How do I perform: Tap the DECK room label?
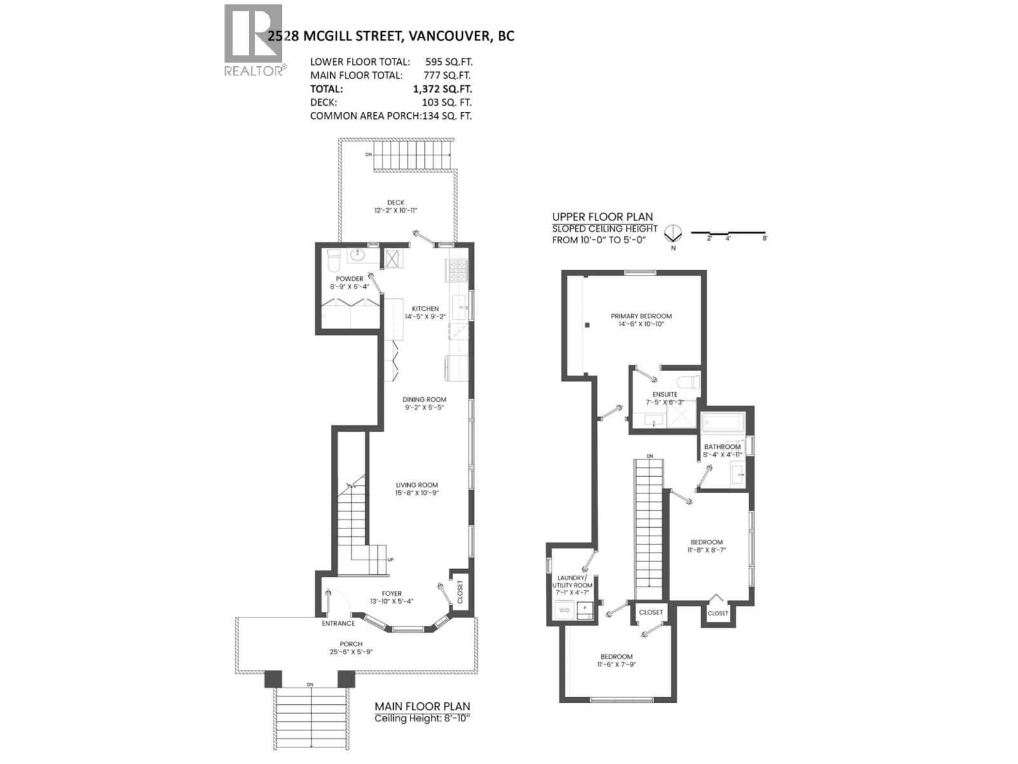point(396,202)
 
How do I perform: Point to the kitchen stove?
point(457,271)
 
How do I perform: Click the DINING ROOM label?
point(424,400)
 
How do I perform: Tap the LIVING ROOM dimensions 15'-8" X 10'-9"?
point(417,493)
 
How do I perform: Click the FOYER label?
point(391,593)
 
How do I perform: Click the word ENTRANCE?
point(338,623)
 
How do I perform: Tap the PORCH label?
point(351,644)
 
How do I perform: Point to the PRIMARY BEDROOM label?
point(641,316)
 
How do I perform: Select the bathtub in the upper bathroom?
point(722,422)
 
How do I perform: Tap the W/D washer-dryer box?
point(564,611)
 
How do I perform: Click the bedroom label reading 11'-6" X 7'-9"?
point(616,665)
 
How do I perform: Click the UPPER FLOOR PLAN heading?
point(602,216)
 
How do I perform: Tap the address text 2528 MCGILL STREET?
point(335,36)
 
